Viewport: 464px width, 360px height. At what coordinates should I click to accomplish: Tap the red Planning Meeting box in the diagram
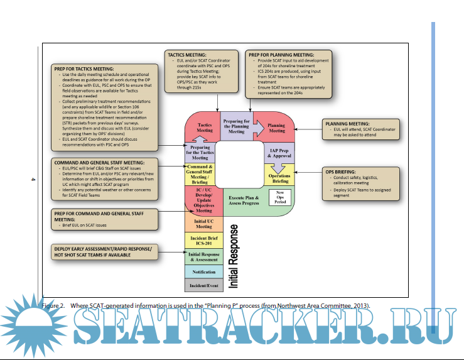[x=276, y=128]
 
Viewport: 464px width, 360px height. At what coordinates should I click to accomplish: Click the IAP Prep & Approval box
[x=279, y=153]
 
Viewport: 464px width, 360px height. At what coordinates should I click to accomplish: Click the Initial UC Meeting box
[x=203, y=223]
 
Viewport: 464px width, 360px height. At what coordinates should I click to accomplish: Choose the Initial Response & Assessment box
[x=203, y=256]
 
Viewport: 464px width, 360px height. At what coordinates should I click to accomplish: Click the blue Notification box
[x=203, y=272]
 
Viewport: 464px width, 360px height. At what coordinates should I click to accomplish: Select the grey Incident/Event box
[x=203, y=285]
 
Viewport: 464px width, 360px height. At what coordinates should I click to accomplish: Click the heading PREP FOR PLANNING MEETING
[x=282, y=55]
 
